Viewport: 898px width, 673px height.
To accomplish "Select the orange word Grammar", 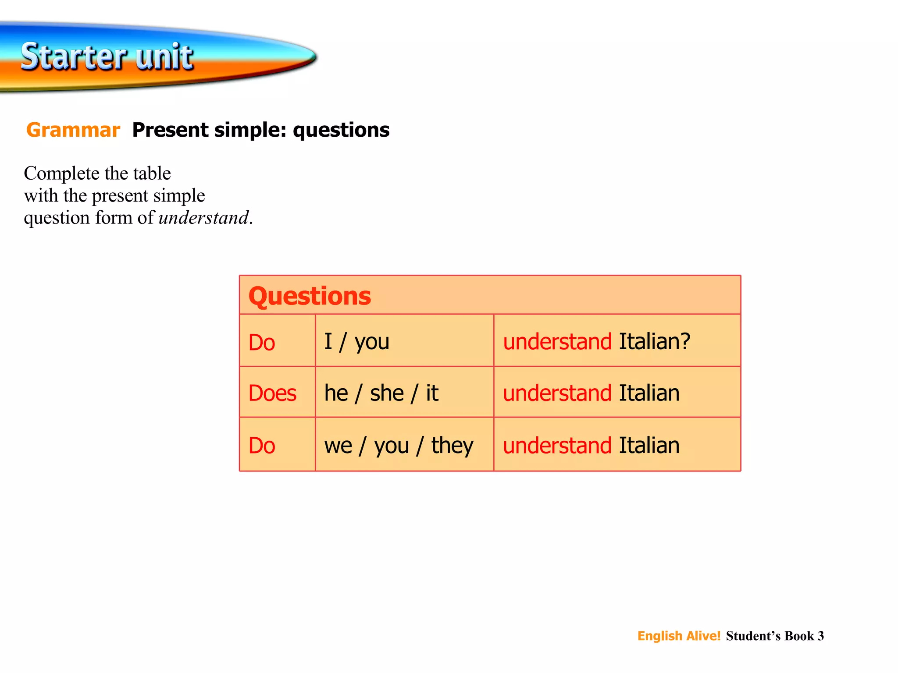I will [x=73, y=130].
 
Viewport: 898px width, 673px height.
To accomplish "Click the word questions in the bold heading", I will [x=341, y=130].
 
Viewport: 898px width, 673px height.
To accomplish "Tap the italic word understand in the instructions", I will [x=203, y=218].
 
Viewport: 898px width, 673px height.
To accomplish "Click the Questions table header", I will [x=310, y=296].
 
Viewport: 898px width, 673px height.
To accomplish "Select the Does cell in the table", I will [x=272, y=393].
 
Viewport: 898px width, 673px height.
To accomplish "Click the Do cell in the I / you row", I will [x=262, y=342].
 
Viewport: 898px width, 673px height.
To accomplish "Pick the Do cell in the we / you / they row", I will [x=262, y=446].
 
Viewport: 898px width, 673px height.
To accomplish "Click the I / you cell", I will [x=356, y=341].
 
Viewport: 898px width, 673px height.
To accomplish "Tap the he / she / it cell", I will [x=381, y=393].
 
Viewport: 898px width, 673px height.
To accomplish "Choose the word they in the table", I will [x=452, y=446].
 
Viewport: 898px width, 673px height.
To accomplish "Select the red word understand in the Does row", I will [x=557, y=393].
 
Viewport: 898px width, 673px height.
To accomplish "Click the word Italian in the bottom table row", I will [x=649, y=446].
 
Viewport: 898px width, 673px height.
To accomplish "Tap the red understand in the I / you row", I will [x=557, y=341].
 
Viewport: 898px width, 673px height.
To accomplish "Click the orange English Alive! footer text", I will [x=679, y=636].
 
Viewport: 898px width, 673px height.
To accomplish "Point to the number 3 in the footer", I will [x=820, y=636].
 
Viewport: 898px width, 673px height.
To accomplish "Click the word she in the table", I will [x=387, y=393].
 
